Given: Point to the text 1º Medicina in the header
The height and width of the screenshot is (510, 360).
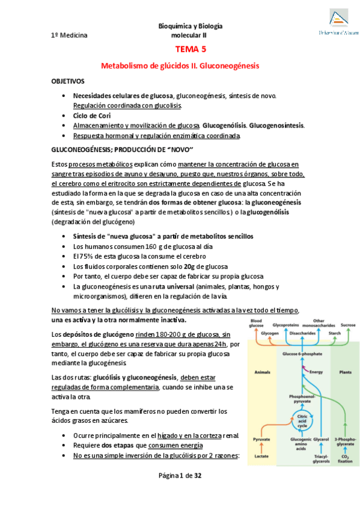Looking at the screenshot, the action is [69, 35].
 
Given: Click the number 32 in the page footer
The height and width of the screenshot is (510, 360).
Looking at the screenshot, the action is [197, 492].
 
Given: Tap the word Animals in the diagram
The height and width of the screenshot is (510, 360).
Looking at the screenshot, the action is [263, 372].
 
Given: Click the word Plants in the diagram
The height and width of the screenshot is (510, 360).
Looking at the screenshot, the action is [345, 372].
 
